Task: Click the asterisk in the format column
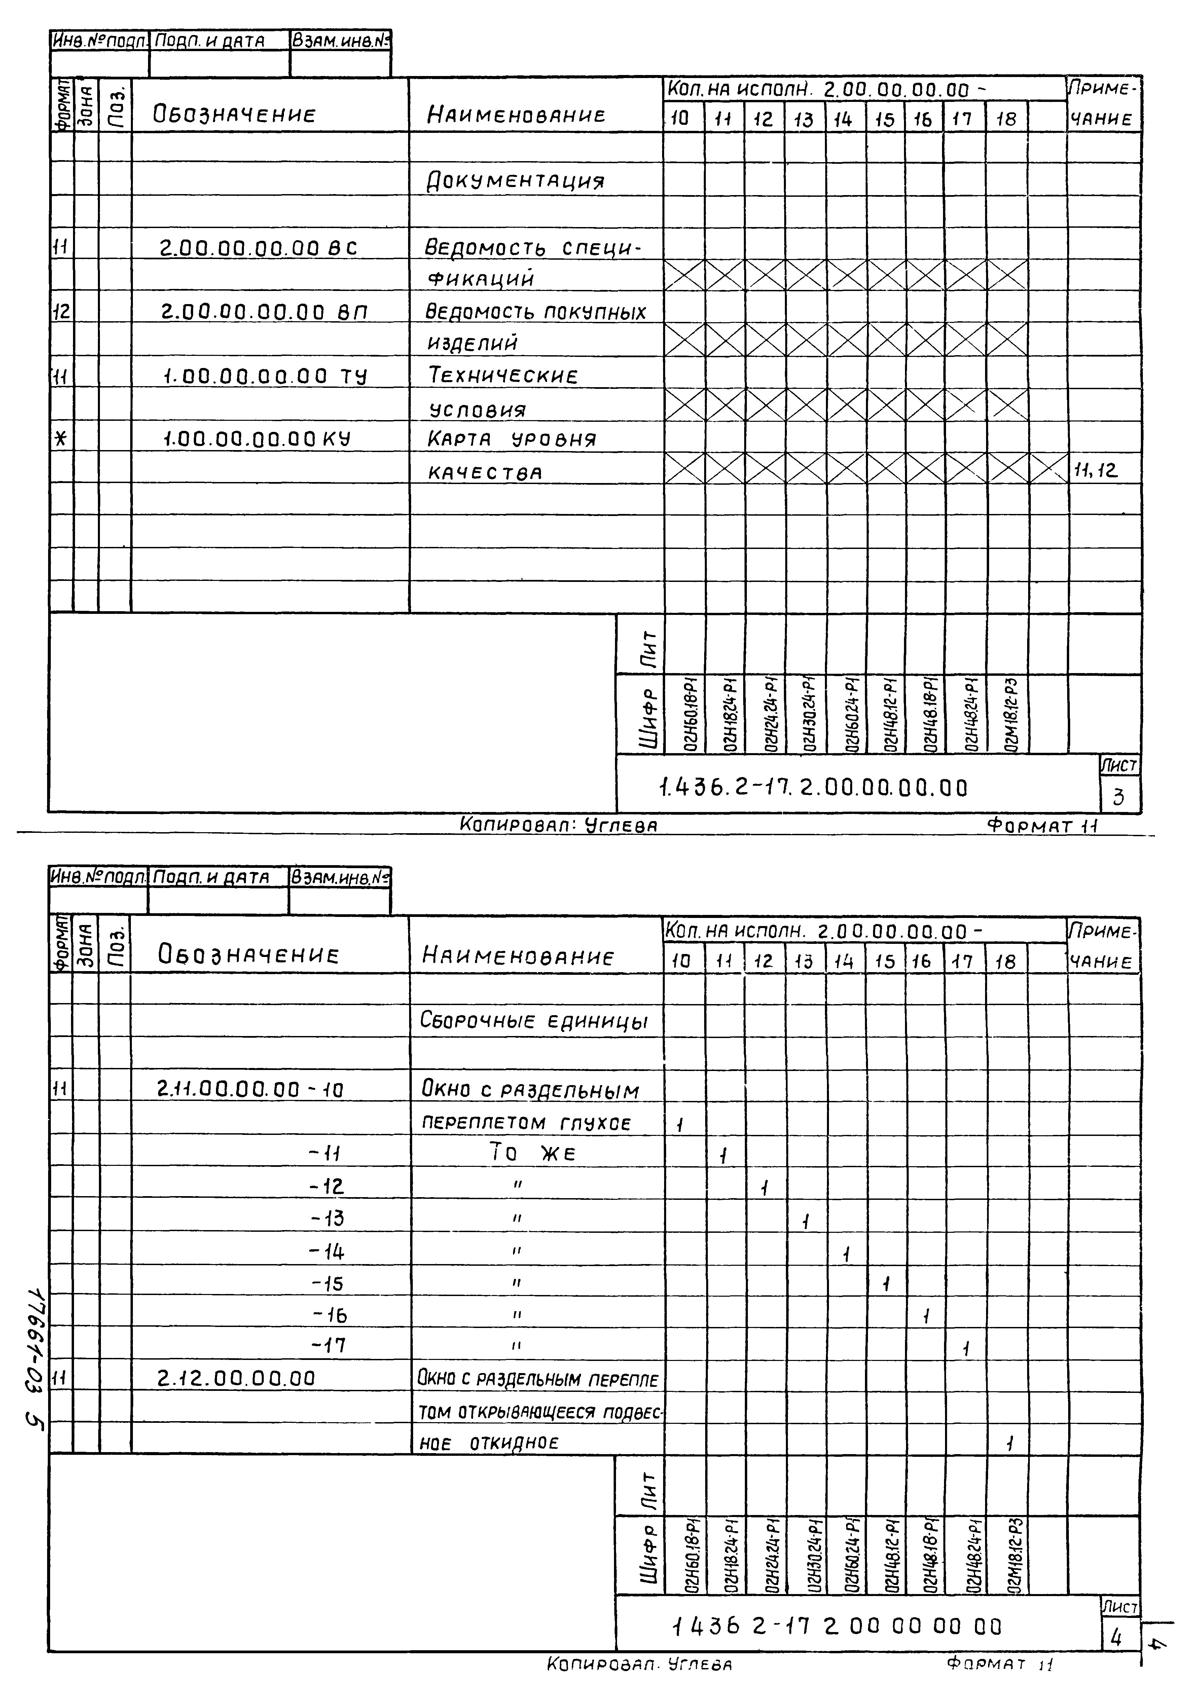[x=62, y=439]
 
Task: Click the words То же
[x=532, y=1153]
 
